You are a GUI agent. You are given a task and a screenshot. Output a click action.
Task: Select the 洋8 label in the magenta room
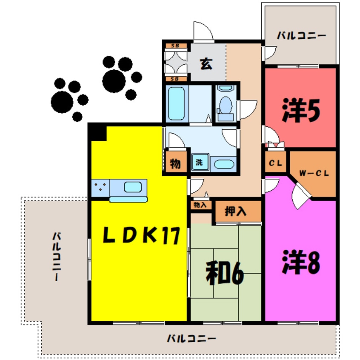point(300,263)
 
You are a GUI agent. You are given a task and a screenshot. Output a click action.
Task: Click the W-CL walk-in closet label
point(313,174)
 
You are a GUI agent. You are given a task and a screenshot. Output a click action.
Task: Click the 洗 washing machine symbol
point(199,162)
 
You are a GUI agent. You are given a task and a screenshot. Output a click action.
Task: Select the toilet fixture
point(225,105)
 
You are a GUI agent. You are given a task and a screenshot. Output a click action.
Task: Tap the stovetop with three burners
point(100,188)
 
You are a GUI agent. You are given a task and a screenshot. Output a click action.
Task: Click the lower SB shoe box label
point(175,79)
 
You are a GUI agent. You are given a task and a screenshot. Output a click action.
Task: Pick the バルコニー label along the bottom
point(191,339)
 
